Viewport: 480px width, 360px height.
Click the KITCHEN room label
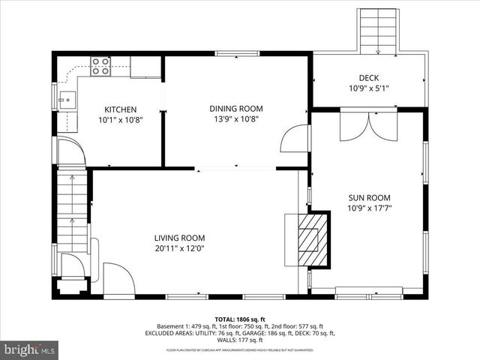tap(120, 109)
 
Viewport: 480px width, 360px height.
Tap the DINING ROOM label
tap(235, 109)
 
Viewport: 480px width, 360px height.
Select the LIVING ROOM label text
tap(179, 238)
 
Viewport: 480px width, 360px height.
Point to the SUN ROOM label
tap(368, 198)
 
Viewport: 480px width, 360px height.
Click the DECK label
tap(368, 78)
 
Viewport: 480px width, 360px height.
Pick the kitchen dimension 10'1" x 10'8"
tap(120, 119)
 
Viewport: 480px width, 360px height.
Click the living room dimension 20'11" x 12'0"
tap(179, 248)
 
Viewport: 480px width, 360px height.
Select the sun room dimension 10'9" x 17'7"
tap(368, 208)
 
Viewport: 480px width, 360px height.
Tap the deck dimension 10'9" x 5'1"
tap(368, 88)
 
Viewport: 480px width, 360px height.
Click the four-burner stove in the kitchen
tap(100, 67)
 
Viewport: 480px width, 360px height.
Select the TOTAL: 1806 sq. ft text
tap(240, 319)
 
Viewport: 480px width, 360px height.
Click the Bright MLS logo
tap(30, 349)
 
